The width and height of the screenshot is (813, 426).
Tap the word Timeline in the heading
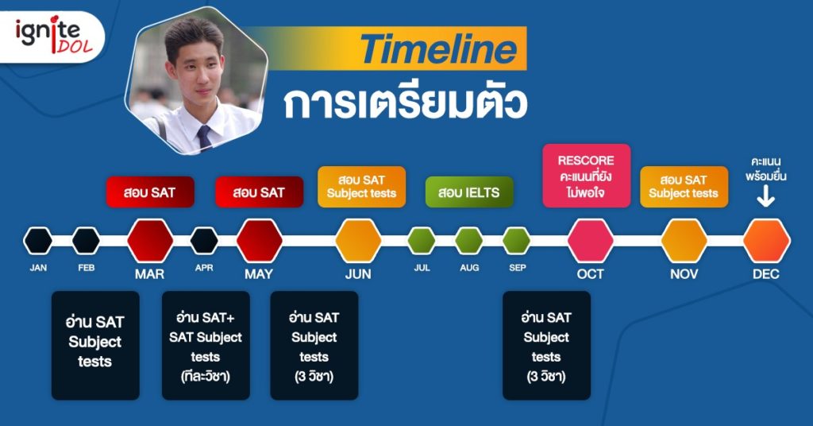438,49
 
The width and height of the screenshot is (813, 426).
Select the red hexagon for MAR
150,241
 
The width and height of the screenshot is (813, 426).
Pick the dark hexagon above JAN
38,241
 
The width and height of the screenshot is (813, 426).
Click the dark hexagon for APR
204,241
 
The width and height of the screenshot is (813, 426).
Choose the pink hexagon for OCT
590,241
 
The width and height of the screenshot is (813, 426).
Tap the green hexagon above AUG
468,241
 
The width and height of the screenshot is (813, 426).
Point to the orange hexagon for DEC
766,241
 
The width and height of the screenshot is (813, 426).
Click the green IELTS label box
469,192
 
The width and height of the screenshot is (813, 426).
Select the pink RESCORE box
587,176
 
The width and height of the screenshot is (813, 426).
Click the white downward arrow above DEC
766,196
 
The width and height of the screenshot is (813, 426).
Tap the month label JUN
358,274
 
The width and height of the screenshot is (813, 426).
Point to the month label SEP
517,268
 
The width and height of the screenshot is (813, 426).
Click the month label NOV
684,274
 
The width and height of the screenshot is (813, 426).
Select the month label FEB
86,268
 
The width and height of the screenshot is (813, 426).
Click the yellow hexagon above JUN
358,241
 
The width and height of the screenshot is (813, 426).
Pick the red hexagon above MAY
260,241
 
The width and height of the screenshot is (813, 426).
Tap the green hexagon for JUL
421,241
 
